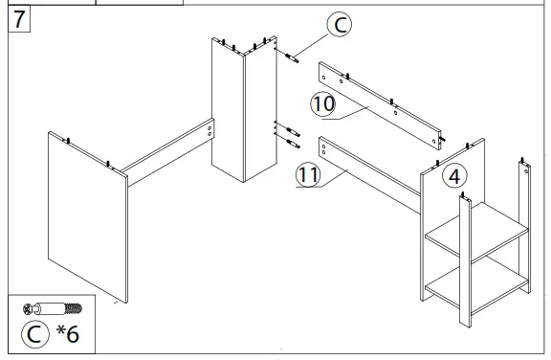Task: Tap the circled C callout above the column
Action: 339,26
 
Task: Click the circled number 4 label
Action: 454,175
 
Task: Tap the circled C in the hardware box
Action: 34,336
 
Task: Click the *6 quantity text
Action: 68,336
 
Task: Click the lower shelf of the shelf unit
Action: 476,281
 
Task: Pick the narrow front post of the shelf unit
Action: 464,263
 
